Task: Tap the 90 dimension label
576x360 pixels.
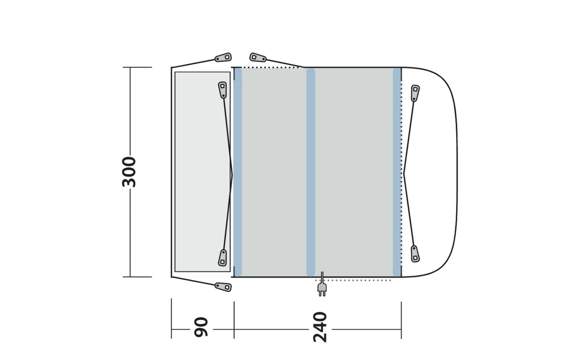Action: coord(201,327)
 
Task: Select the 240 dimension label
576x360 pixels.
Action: coord(320,327)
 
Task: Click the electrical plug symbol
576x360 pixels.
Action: coord(322,288)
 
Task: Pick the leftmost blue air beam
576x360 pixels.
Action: coord(238,172)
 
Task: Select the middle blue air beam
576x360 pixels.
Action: coord(311,172)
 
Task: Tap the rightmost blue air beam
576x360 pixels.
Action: coord(397,172)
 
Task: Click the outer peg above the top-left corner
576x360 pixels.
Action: coord(223,58)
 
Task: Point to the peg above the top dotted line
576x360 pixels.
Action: coord(258,58)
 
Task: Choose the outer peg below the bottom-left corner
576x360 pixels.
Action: coord(223,287)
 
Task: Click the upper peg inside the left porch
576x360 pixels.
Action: coord(222,90)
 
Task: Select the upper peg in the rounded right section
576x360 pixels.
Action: coord(415,93)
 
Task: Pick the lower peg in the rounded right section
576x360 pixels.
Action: coord(415,254)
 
